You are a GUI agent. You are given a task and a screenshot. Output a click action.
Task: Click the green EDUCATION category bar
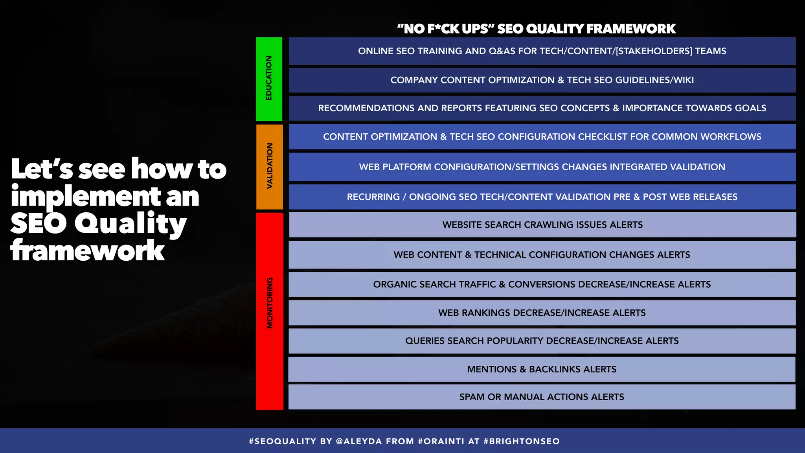269,79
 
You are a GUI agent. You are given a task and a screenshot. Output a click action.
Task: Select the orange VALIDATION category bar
270,167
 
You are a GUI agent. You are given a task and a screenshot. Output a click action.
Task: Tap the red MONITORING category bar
270,311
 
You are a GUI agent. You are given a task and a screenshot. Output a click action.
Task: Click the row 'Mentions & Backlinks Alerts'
542,369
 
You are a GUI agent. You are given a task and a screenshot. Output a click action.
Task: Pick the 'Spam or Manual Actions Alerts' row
542,397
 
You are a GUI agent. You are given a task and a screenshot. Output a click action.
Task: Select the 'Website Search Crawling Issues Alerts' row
542,225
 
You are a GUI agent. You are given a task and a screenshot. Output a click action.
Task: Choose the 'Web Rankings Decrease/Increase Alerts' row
542,313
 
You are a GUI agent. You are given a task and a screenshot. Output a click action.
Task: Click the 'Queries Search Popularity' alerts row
542,341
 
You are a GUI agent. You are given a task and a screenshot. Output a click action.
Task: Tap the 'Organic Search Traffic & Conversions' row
542,284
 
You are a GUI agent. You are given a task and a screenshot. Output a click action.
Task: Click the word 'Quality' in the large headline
130,223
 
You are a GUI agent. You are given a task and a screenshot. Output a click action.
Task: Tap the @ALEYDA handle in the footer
359,441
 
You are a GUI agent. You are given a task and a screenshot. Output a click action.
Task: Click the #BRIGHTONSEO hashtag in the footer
522,441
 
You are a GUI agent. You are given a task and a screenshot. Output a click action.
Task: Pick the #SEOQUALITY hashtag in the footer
283,441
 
